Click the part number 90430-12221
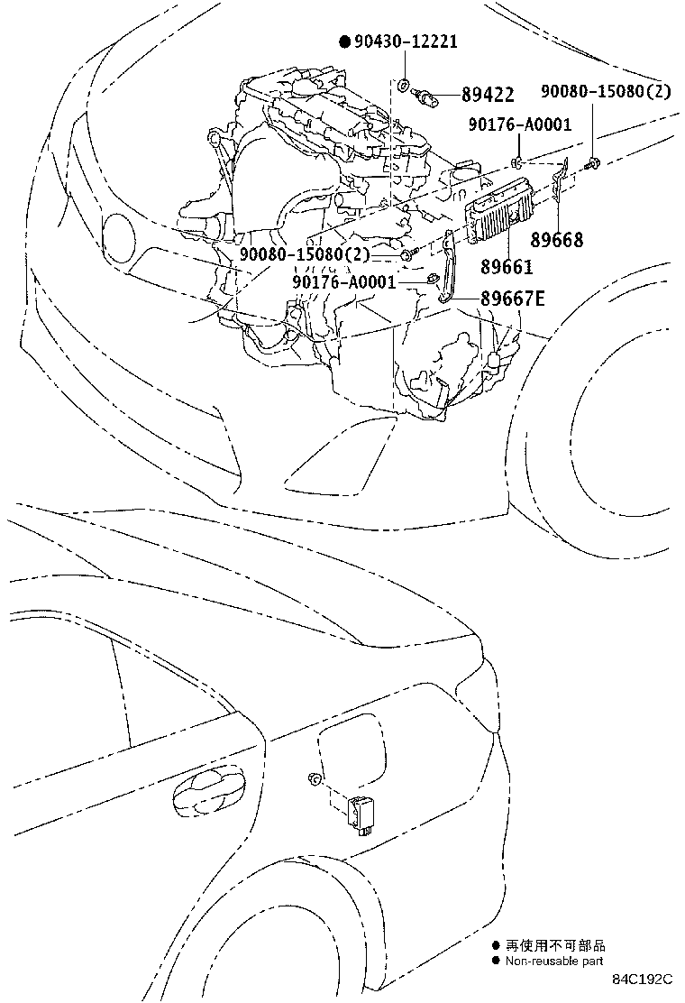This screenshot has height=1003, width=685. [405, 41]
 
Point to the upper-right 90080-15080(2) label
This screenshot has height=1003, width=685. [605, 92]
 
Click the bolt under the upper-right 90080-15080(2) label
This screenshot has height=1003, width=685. [591, 162]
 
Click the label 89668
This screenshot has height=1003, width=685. [556, 240]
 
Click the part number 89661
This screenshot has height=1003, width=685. [507, 266]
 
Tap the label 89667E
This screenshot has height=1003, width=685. [512, 299]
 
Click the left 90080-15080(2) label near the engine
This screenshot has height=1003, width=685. [305, 255]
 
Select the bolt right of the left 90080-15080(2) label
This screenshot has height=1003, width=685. [408, 256]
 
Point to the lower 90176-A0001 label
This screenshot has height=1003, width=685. [344, 281]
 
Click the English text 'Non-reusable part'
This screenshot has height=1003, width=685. [553, 962]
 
